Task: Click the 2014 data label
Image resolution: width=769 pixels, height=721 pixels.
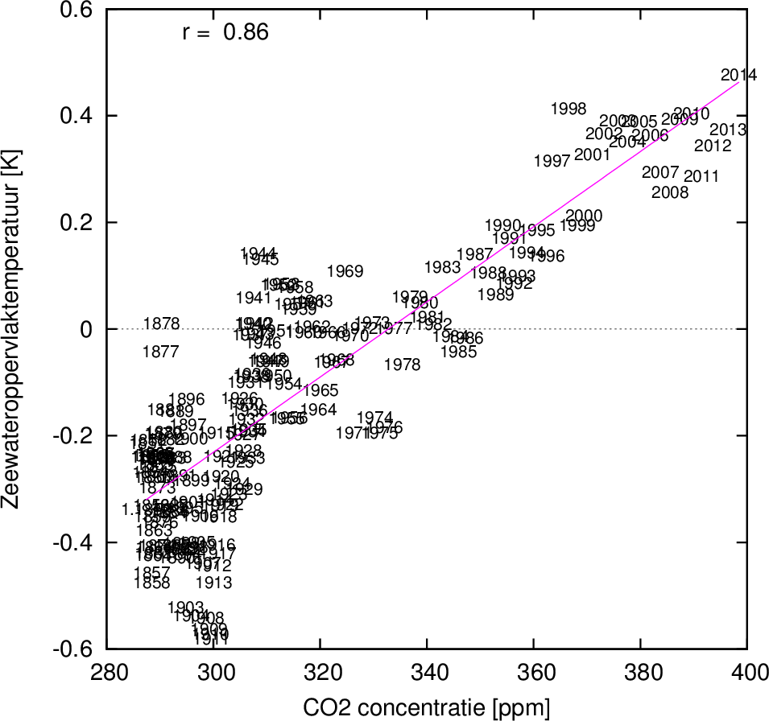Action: click(738, 76)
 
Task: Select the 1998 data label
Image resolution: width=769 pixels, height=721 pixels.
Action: click(568, 109)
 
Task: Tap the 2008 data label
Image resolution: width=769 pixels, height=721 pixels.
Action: click(670, 193)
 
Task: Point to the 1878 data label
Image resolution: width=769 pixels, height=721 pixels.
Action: click(162, 324)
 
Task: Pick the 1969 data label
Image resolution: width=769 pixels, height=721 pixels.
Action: click(345, 272)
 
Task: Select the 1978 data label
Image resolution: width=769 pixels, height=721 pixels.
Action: click(403, 365)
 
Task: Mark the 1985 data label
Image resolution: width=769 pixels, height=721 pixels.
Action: click(459, 352)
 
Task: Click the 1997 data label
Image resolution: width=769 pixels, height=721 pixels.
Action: click(552, 162)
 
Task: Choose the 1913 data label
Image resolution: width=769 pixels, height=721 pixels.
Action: click(214, 583)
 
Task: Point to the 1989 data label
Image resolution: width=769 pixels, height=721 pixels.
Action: click(496, 295)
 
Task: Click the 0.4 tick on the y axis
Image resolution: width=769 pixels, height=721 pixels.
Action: click(80, 116)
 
